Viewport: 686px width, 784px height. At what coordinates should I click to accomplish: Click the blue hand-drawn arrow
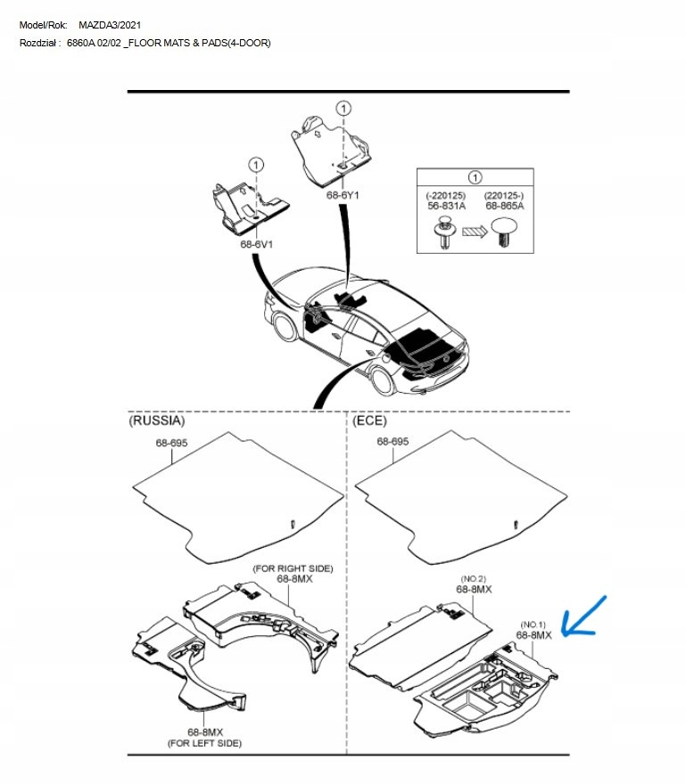[584, 617]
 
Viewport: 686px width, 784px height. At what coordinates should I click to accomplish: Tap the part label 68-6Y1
[343, 194]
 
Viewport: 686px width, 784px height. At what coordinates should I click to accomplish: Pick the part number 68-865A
[505, 205]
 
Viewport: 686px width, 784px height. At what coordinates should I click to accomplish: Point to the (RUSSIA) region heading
[157, 420]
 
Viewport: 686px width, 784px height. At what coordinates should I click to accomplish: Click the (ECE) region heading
[370, 420]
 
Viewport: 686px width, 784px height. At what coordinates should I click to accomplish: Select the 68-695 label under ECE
[393, 441]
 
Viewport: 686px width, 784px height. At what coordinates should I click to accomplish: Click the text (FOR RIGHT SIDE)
[293, 568]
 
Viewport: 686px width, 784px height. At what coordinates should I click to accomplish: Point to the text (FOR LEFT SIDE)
[204, 742]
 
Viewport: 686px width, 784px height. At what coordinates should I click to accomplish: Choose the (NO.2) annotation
[475, 578]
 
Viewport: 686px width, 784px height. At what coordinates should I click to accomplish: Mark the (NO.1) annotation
[533, 625]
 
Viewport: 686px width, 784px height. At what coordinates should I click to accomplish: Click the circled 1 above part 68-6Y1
[343, 108]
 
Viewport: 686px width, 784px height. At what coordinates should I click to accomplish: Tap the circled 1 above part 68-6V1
[256, 164]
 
